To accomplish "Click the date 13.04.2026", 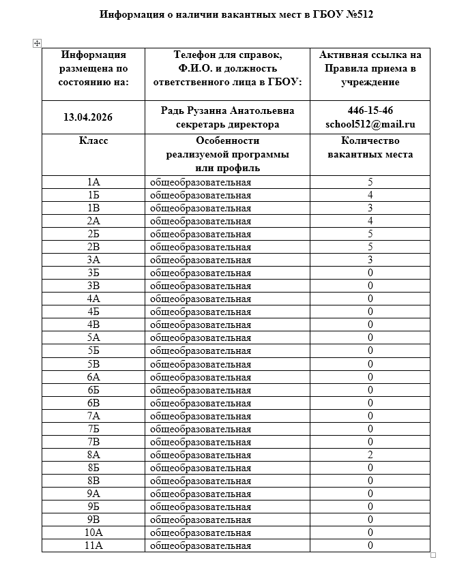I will (x=88, y=117).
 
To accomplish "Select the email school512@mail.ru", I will (x=370, y=124).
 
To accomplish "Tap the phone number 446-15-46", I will (x=370, y=110).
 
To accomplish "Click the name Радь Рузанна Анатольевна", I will (x=227, y=110).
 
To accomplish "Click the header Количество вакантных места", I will (x=370, y=147).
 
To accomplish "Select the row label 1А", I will (x=93, y=183).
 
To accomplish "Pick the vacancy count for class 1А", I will (x=370, y=183).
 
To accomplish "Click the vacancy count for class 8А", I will (x=370, y=455).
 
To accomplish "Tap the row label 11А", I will (x=93, y=545).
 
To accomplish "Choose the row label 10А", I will (x=93, y=533).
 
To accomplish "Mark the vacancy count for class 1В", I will (x=370, y=209).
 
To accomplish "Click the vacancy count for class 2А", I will (x=370, y=222).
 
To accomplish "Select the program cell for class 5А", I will (x=201, y=338).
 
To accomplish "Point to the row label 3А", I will (x=93, y=260).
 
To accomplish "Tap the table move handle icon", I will (x=38, y=43).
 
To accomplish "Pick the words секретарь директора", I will (x=227, y=124).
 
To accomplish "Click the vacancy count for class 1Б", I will (x=370, y=196).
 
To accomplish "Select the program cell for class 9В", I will (x=201, y=520).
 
